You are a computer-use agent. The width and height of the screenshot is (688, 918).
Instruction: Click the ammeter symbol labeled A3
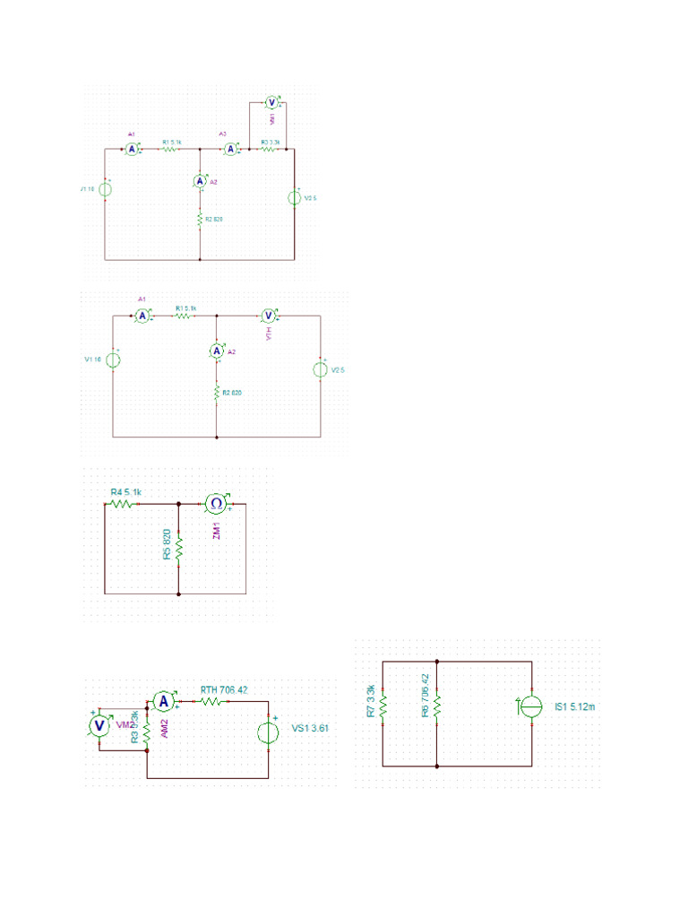231,150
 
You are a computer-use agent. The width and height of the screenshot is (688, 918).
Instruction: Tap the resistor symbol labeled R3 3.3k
271,150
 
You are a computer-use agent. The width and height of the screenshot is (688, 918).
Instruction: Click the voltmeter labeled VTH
267,316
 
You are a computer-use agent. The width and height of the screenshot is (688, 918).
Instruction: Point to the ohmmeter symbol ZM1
216,504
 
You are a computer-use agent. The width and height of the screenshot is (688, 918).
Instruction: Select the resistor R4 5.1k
121,504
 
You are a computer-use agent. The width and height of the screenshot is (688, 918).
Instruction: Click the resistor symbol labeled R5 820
179,547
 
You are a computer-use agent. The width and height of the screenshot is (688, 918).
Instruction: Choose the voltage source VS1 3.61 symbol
268,732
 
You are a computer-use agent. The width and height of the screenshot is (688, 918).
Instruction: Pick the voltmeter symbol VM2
100,724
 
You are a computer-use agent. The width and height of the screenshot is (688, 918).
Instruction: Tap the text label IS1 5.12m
573,707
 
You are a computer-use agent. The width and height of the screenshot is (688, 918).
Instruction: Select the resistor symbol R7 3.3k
383,705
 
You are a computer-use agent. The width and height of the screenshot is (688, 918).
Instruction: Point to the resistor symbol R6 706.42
437,705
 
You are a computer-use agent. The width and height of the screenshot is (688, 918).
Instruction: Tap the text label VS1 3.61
310,729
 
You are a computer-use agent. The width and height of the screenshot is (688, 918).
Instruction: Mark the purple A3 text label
223,134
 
